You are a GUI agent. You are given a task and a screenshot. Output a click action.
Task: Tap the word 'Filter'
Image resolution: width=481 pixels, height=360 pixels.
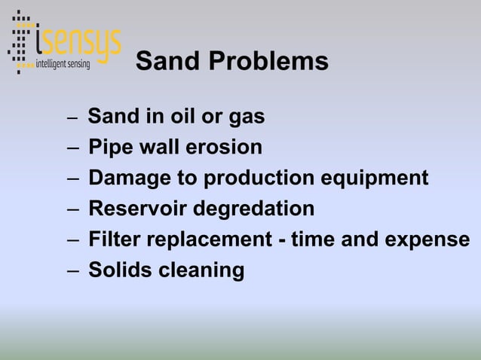click(114, 239)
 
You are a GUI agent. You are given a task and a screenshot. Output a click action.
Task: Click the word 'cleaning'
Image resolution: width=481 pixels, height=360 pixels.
click(201, 270)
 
